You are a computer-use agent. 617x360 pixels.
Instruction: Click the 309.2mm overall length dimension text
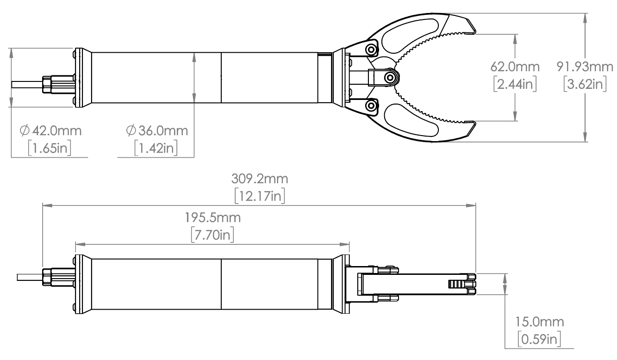(259, 179)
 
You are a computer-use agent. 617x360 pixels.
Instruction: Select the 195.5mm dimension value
(212, 217)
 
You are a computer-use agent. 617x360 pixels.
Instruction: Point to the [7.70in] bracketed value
(212, 235)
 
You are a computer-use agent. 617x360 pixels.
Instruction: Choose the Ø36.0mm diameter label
(157, 131)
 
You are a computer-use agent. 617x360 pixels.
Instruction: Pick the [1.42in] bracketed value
(156, 149)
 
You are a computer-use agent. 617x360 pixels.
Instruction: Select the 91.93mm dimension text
(586, 67)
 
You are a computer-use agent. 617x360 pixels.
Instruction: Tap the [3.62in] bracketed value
(586, 84)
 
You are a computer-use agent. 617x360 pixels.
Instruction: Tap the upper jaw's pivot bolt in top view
(370, 49)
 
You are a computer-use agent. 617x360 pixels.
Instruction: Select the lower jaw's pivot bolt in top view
(370, 106)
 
